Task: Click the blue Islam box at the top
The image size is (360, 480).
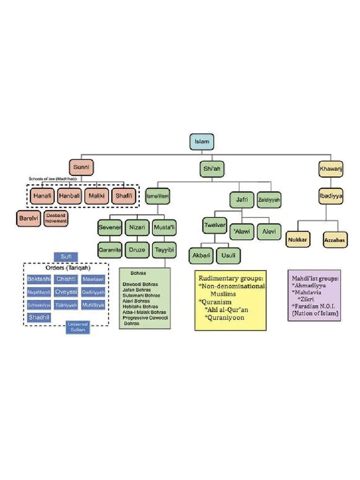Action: click(202, 142)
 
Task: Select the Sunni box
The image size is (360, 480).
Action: click(81, 167)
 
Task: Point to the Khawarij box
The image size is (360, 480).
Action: click(330, 168)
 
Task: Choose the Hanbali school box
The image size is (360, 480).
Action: click(70, 196)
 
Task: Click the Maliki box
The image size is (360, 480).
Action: click(97, 196)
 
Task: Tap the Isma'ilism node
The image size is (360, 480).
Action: click(157, 195)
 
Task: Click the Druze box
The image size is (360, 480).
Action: click(137, 250)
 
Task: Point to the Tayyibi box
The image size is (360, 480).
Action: click(164, 250)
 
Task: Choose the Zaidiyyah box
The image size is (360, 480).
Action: click(269, 200)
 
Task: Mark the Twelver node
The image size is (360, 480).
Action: click(215, 225)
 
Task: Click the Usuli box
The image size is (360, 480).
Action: click(229, 255)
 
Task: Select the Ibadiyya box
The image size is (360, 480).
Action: click(331, 195)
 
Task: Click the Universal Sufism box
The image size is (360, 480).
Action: click(78, 327)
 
